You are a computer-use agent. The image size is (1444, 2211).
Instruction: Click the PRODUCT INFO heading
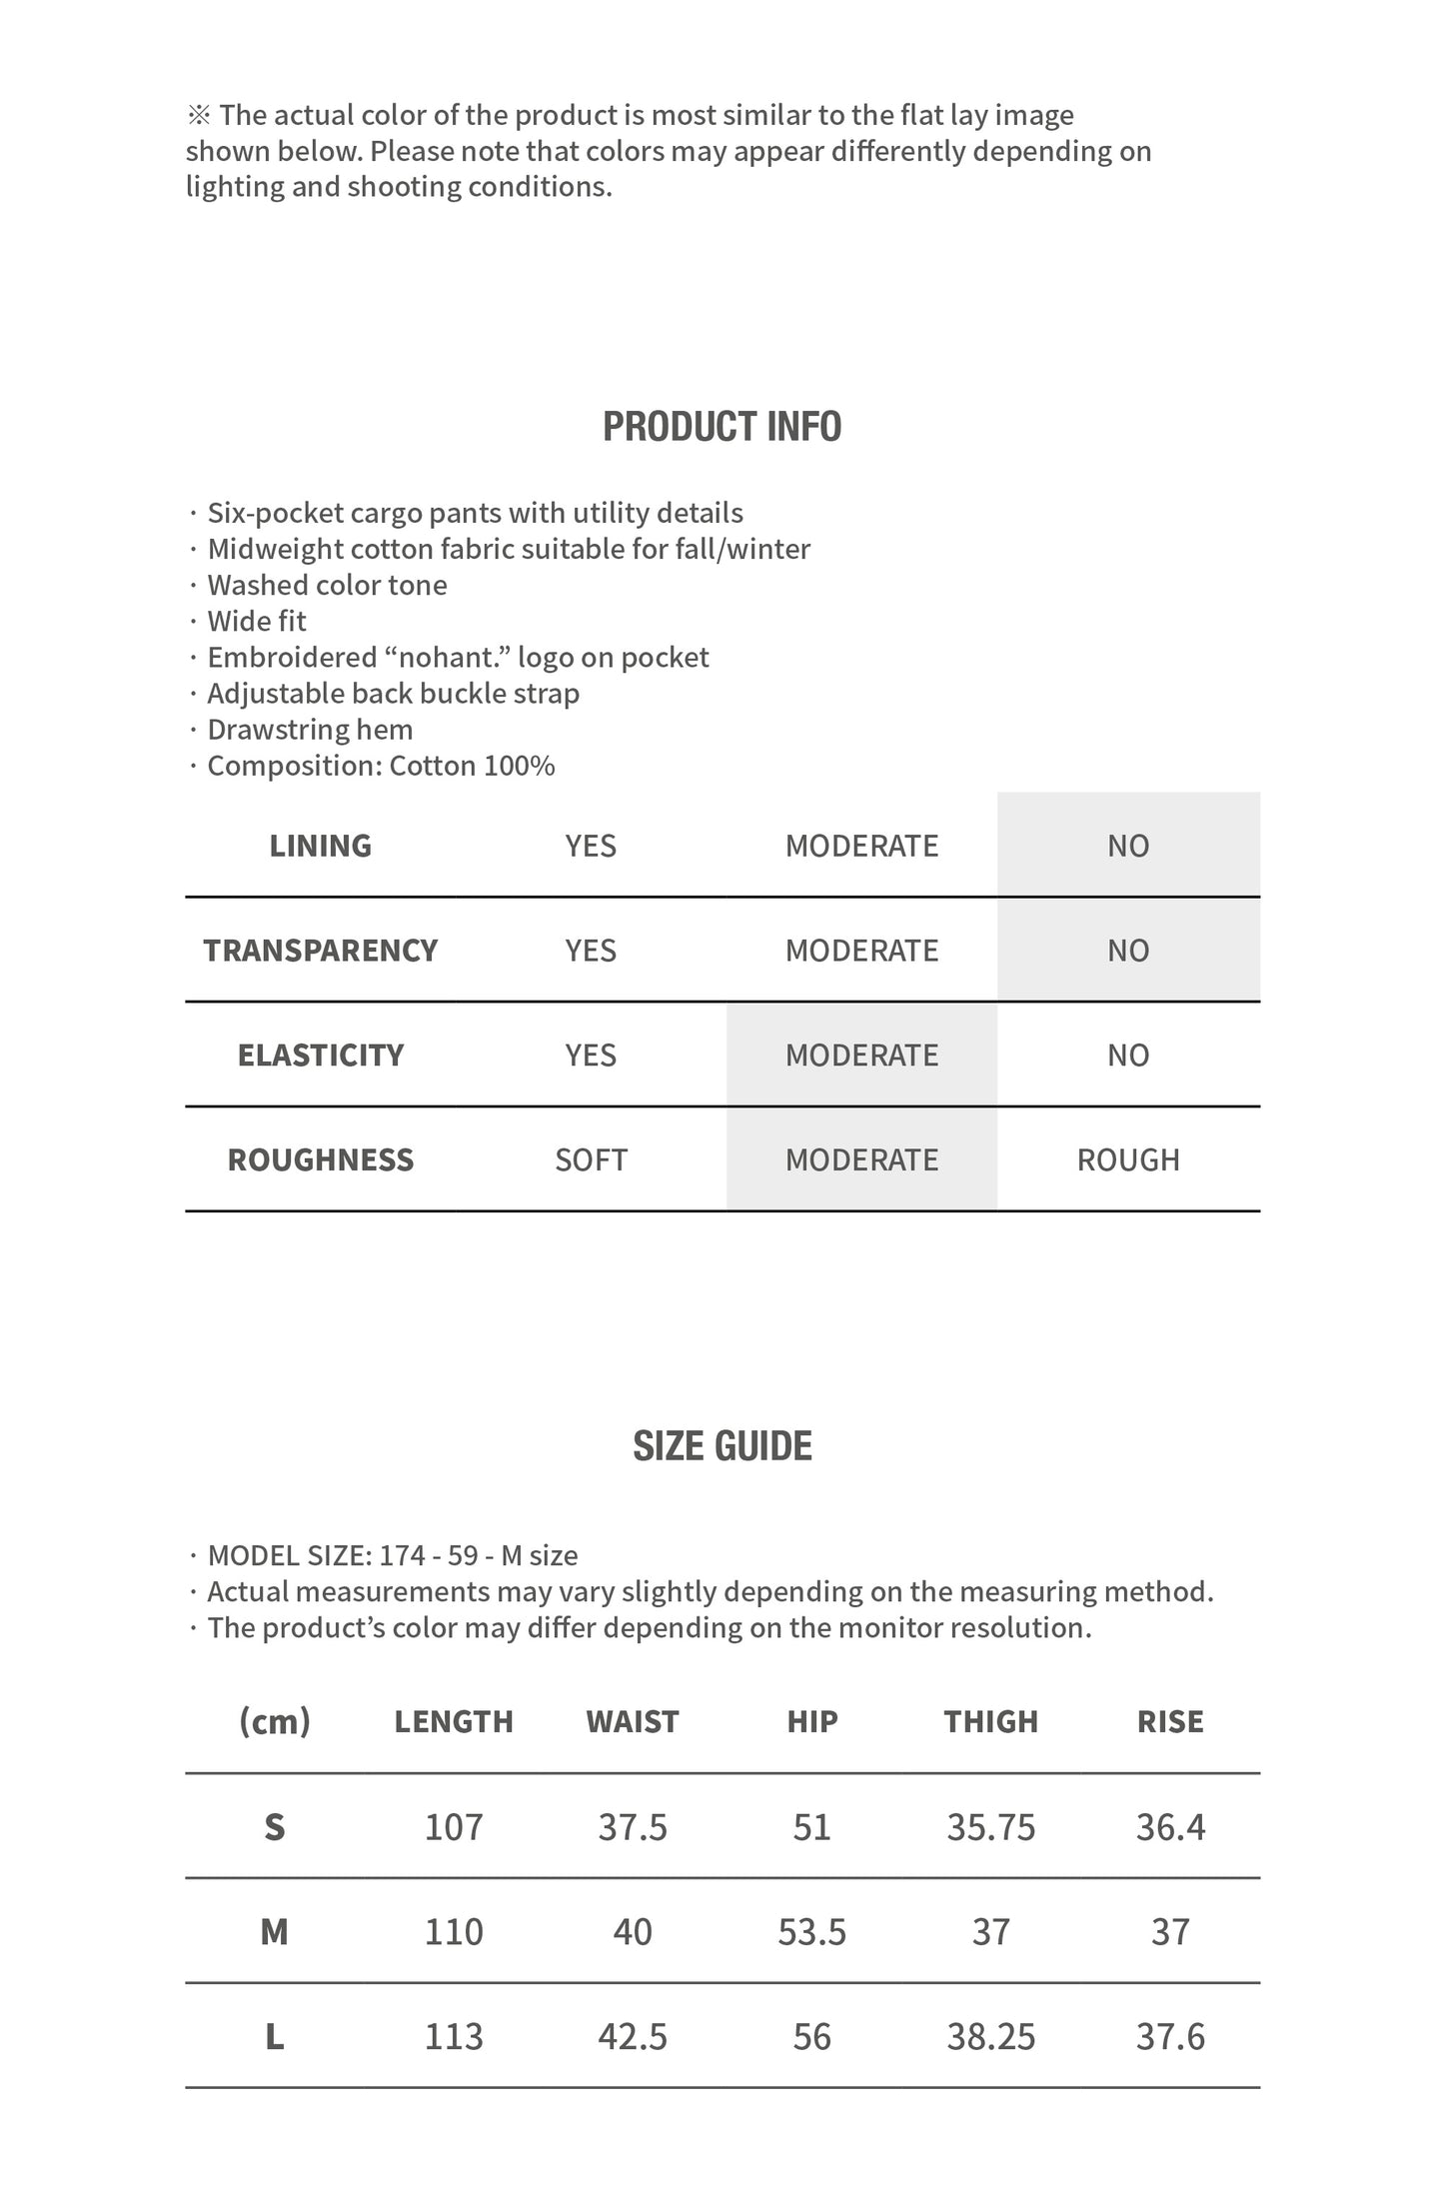click(722, 427)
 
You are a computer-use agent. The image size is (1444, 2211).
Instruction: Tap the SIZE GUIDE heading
click(722, 1446)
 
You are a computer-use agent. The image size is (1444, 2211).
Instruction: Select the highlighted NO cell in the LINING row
click(1127, 846)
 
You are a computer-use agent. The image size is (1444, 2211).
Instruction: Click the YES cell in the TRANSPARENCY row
click(591, 951)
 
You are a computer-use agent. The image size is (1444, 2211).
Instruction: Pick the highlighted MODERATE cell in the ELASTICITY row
click(861, 1056)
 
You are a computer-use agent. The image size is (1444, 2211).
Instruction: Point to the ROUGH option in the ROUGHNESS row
click(1127, 1159)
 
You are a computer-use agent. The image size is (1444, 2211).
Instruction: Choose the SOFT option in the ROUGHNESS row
click(591, 1159)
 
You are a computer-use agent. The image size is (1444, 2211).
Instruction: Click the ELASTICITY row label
click(321, 1056)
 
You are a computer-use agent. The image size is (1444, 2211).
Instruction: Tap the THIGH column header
click(990, 1721)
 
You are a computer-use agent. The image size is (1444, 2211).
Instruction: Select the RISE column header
click(1170, 1721)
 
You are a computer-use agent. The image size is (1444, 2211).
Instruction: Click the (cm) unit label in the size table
click(275, 1721)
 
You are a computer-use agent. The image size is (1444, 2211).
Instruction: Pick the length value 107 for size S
click(454, 1827)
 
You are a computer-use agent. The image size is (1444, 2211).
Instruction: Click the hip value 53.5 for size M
click(811, 1932)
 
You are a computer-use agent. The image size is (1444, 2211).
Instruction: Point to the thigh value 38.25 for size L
click(990, 2036)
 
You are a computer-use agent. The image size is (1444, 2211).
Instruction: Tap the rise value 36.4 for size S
click(1170, 1827)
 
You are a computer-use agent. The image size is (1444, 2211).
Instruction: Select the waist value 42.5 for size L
click(633, 2036)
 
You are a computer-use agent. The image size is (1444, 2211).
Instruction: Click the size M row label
click(275, 1932)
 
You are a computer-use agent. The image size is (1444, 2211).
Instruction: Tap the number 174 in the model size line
click(403, 1555)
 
